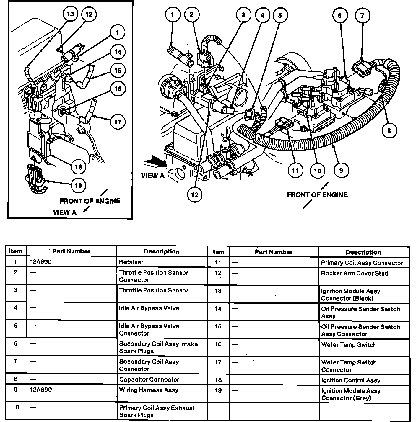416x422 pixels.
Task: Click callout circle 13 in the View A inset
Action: pos(71,14)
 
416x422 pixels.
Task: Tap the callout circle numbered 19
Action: pos(78,186)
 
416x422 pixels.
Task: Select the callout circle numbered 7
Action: pos(363,15)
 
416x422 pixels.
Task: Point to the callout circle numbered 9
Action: pos(341,171)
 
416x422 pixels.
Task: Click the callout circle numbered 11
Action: pos(295,171)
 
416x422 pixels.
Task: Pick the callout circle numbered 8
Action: pos(389,130)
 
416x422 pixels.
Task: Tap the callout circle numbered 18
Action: pos(78,167)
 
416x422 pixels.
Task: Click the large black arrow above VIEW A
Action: pos(154,162)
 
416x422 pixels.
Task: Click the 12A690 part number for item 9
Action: pos(41,390)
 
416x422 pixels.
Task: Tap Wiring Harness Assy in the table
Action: pos(149,390)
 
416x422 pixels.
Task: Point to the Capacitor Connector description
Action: pos(149,380)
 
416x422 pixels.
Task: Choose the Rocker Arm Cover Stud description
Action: pos(354,274)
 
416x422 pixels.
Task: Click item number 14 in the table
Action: pos(218,309)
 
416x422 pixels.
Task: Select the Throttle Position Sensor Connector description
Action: pos(153,276)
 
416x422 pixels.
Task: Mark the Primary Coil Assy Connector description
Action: pos(362,263)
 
